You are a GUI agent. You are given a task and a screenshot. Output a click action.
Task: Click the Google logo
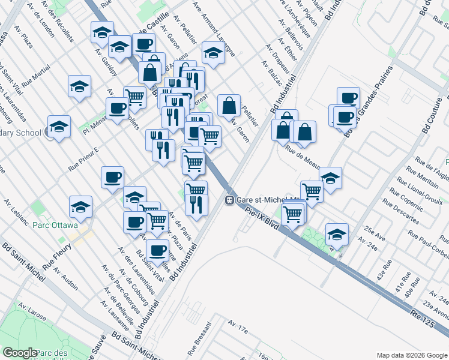20,353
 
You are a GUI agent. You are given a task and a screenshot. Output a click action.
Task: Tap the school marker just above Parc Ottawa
80,206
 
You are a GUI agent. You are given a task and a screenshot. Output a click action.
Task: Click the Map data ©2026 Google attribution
411,355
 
